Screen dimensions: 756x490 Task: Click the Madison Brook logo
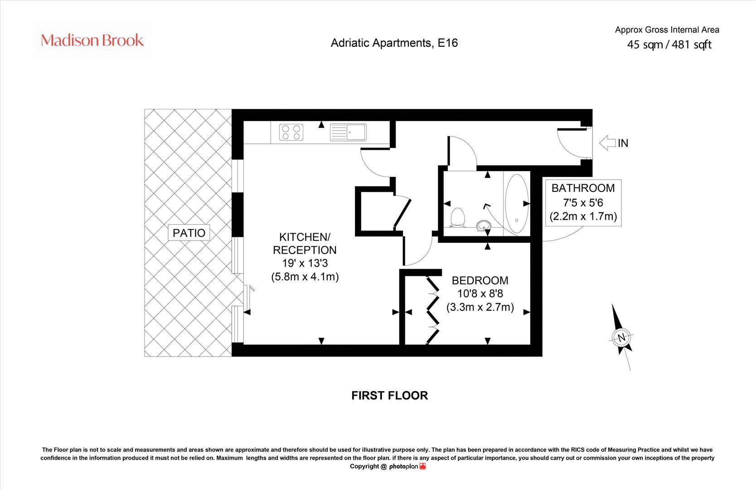coord(92,40)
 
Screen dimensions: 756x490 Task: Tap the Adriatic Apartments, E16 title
coord(394,43)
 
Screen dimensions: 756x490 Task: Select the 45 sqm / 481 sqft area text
coord(669,45)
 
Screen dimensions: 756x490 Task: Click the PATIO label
coord(189,233)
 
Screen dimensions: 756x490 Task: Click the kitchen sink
coord(348,132)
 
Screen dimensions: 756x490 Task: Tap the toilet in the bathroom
coord(458,217)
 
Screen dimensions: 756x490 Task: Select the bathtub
coord(516,203)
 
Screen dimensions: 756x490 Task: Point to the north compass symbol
coord(621,337)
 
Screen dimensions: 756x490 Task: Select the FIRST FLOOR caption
coord(389,396)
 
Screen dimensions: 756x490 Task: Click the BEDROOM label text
coord(480,281)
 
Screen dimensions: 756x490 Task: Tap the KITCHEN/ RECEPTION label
coord(305,244)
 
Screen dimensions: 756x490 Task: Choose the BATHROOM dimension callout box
coord(583,202)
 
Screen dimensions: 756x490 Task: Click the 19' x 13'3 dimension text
coord(305,263)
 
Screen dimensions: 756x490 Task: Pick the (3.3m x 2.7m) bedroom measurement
coord(480,307)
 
